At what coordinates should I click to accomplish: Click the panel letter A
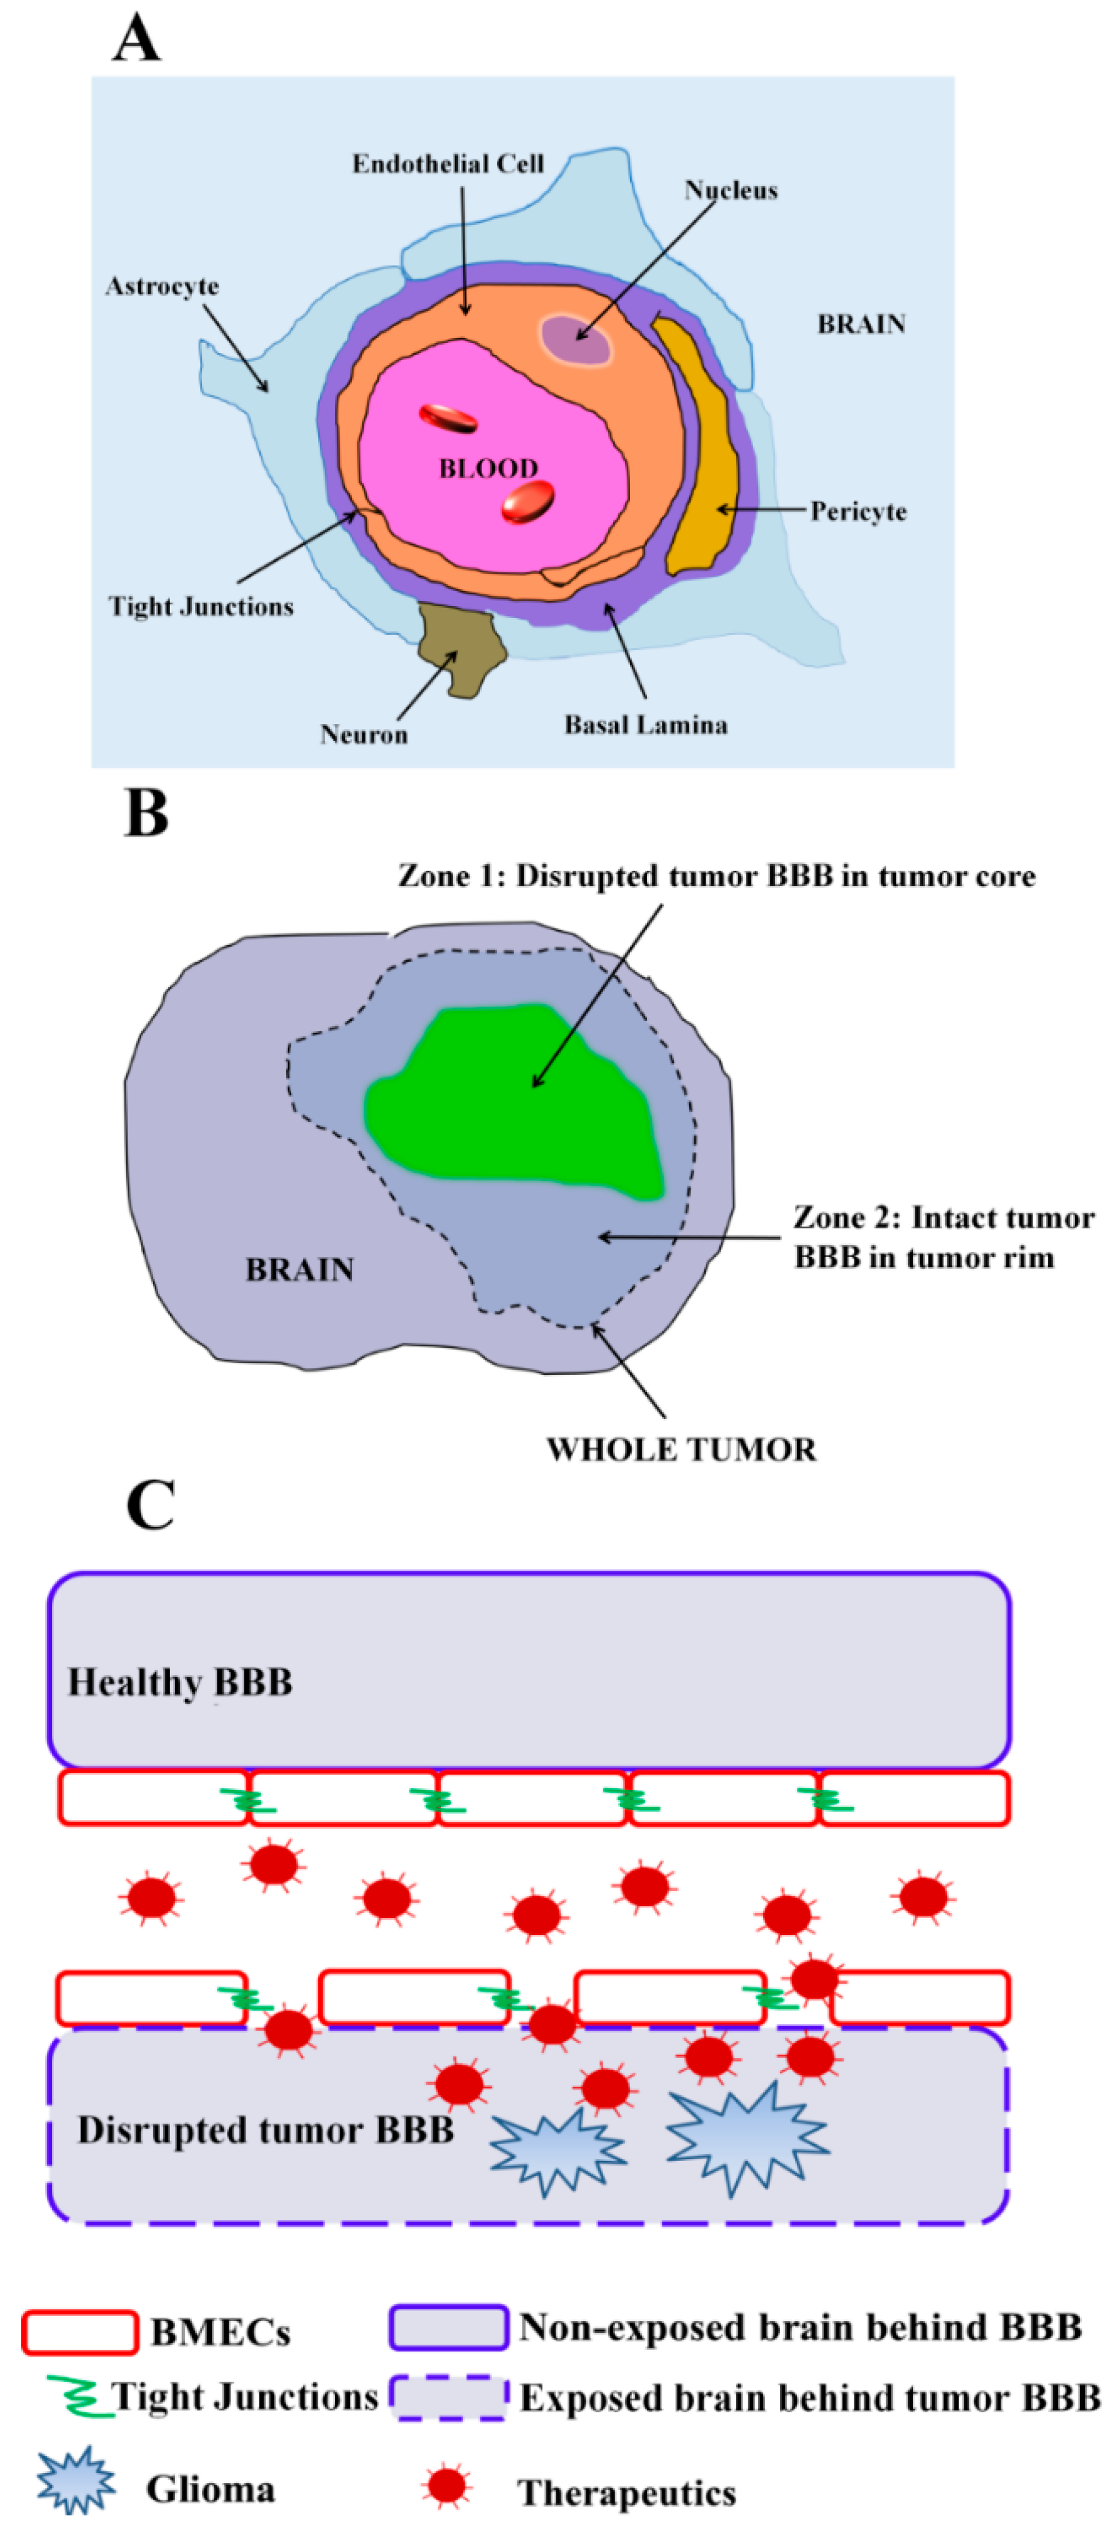136,39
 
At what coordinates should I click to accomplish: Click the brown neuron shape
459,647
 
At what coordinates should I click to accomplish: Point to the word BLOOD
488,469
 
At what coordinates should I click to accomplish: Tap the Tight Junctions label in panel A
201,607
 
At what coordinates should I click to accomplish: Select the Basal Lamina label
645,725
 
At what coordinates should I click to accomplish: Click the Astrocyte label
162,286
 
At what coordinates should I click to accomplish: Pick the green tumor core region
510,1098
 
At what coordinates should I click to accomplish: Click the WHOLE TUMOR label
681,1449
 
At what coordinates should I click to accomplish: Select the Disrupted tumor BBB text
265,2130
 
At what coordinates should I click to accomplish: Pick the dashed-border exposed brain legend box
448,2397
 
